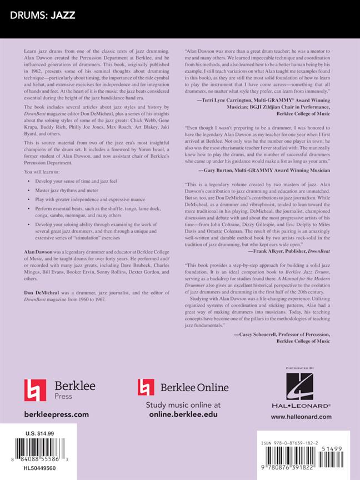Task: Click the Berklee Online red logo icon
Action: pyautogui.click(x=146, y=387)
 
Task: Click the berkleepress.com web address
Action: pyautogui.click(x=57, y=414)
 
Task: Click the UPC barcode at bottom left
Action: pyautogui.click(x=42, y=449)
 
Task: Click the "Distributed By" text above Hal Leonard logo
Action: pyautogui.click(x=303, y=368)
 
